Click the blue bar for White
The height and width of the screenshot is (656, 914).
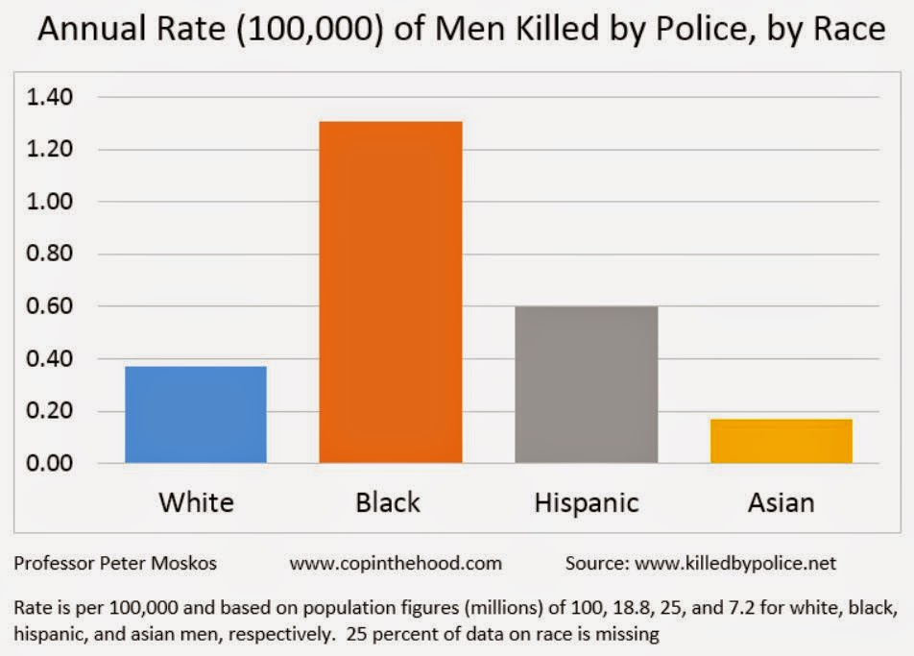click(x=196, y=414)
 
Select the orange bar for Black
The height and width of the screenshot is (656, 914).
click(x=391, y=292)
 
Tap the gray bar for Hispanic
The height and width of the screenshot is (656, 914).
click(x=587, y=384)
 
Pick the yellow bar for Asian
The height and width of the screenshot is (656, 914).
click(x=782, y=441)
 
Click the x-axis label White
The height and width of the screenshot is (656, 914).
click(x=196, y=501)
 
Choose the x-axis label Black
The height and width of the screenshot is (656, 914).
click(x=388, y=501)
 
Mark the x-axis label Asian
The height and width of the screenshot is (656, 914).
click(x=782, y=501)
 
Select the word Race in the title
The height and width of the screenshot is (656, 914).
click(x=848, y=30)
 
